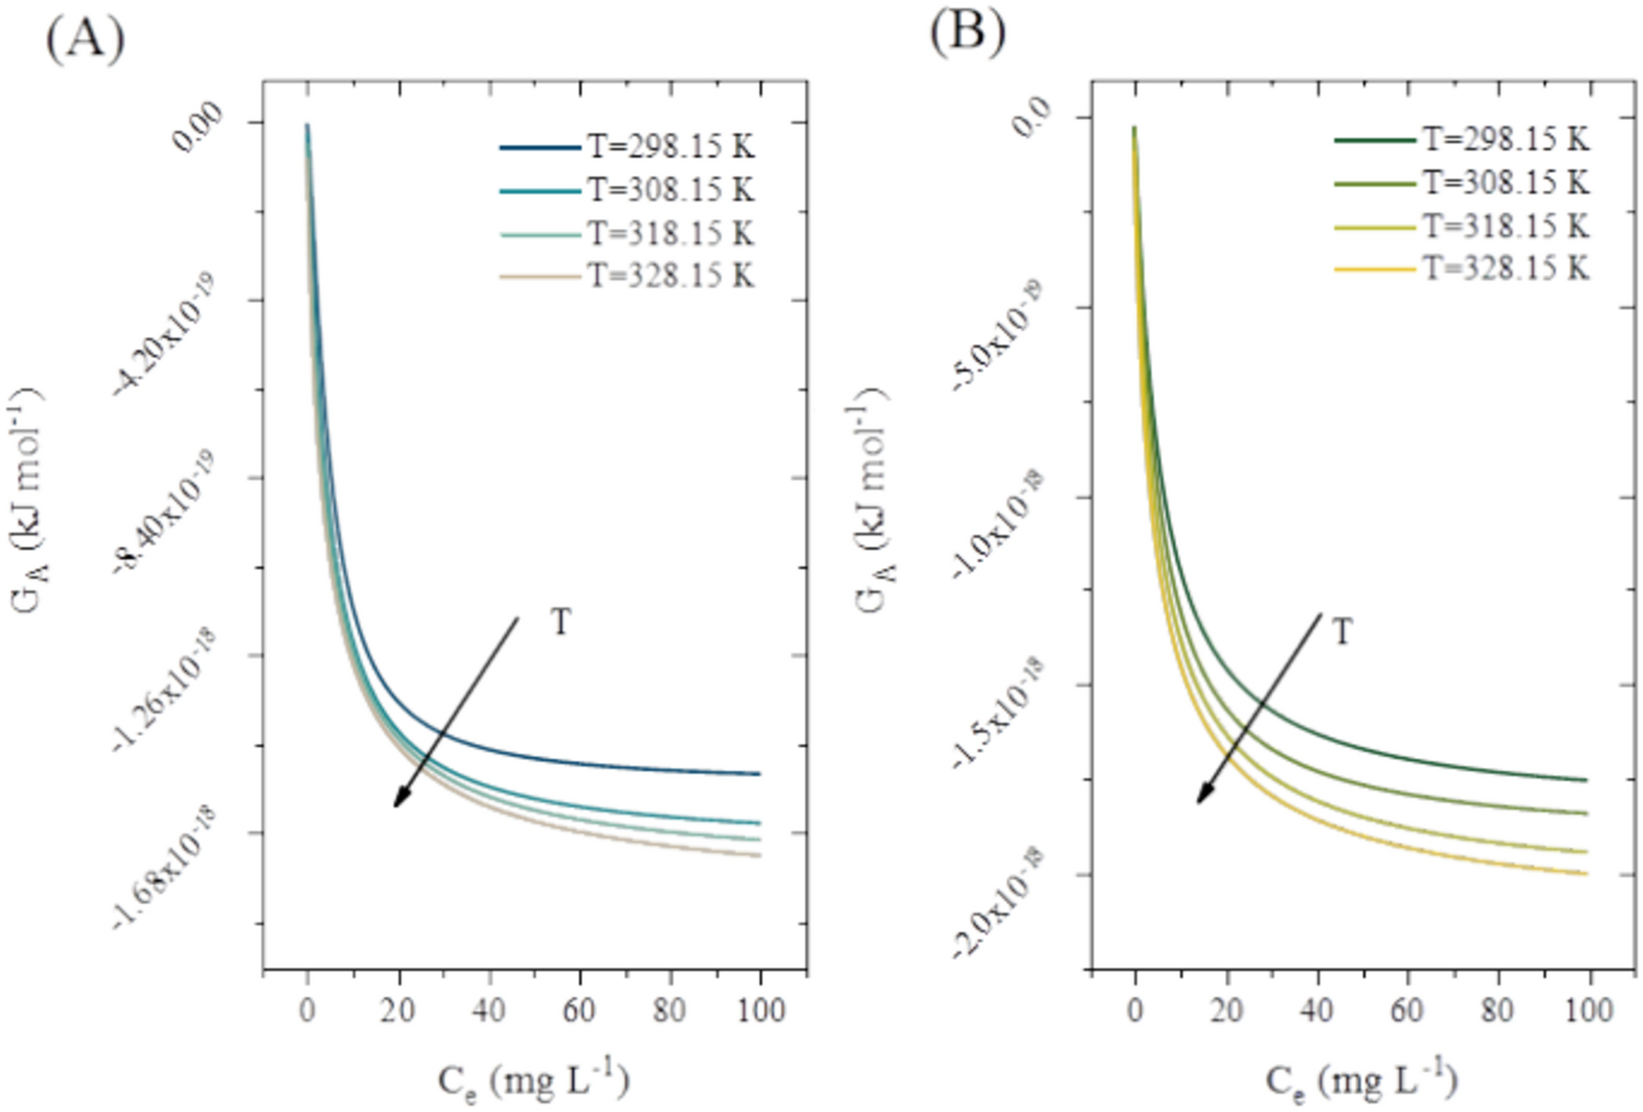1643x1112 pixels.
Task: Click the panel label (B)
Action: click(967, 33)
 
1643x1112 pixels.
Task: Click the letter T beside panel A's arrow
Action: click(561, 622)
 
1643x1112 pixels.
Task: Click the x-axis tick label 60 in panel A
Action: click(579, 1010)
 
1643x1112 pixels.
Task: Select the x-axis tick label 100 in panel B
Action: click(1588, 1010)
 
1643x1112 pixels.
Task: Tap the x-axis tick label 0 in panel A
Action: click(307, 1010)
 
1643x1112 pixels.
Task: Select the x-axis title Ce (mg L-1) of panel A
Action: click(533, 1080)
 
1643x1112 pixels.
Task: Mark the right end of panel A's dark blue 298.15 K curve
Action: click(759, 773)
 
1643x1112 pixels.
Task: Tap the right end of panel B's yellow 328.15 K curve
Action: click(1586, 873)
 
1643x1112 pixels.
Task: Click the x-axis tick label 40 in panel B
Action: click(1316, 1010)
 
